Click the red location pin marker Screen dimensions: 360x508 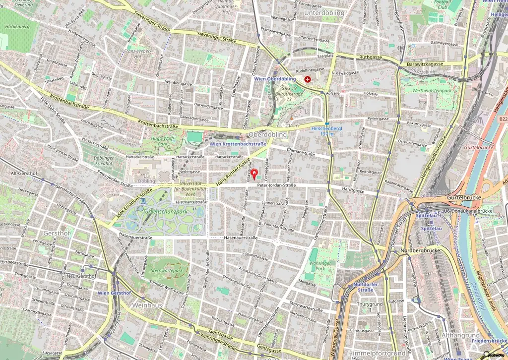click(254, 174)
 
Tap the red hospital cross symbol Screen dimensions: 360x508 click(308, 79)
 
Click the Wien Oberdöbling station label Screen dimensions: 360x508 click(275, 79)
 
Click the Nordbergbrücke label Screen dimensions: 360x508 click(423, 250)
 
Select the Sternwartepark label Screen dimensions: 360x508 click(167, 271)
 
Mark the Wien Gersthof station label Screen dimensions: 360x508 click(114, 293)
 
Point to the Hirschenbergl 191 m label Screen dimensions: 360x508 click(326, 131)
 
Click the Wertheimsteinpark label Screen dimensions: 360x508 click(428, 91)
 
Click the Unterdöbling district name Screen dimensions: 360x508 click(324, 12)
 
